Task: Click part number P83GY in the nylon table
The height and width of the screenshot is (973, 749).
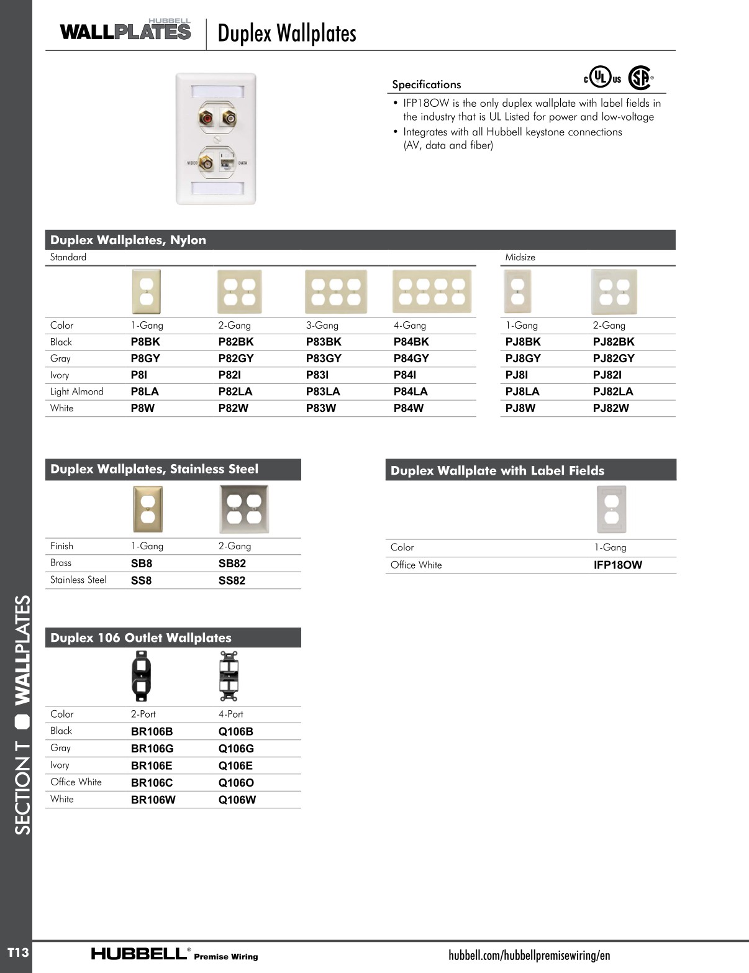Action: pyautogui.click(x=324, y=359)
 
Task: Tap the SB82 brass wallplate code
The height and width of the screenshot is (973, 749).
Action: pyautogui.click(x=232, y=564)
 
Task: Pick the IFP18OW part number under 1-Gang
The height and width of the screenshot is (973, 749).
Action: pyautogui.click(x=618, y=565)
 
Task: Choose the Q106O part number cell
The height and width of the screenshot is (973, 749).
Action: pyautogui.click(x=236, y=783)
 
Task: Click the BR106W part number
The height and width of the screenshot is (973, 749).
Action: pyautogui.click(x=153, y=800)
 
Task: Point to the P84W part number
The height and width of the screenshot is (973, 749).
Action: pyautogui.click(x=408, y=408)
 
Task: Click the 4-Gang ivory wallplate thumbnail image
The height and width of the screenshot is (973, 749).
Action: pyautogui.click(x=432, y=291)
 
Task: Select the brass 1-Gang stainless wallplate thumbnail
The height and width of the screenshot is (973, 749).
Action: pyautogui.click(x=147, y=509)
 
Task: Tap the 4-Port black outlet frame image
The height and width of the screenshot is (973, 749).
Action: pyautogui.click(x=229, y=676)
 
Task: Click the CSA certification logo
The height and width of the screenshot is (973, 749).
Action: pyautogui.click(x=640, y=78)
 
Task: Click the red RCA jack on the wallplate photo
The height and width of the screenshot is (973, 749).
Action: pyautogui.click(x=206, y=117)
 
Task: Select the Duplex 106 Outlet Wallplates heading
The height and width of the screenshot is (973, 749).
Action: pyautogui.click(x=141, y=638)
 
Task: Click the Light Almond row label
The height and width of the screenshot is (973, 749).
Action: pyautogui.click(x=77, y=391)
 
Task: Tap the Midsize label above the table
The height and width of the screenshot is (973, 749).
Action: pyautogui.click(x=520, y=257)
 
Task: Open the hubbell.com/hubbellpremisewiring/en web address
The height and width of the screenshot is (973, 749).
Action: pyautogui.click(x=529, y=956)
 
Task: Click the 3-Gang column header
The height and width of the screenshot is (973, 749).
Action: pyautogui.click(x=322, y=326)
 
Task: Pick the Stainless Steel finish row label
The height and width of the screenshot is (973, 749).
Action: pyautogui.click(x=78, y=580)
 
